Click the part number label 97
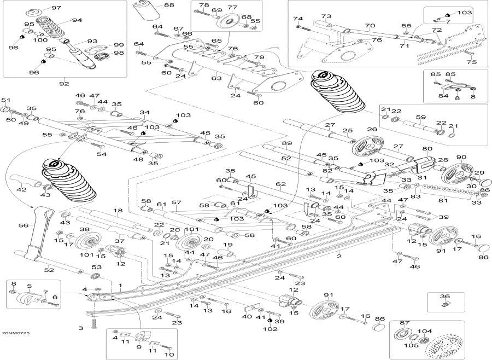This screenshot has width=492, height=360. point(56,8)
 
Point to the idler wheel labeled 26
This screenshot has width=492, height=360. point(368,146)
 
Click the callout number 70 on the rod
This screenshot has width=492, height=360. point(370,26)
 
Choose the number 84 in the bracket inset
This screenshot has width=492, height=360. point(443,96)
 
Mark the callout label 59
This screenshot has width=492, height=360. point(421,118)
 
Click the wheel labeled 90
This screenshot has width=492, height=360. point(456,175)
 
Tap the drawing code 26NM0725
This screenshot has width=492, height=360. point(15,333)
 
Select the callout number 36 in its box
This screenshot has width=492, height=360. point(445,296)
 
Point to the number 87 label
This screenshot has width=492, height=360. point(405,323)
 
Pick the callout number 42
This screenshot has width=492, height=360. point(21,190)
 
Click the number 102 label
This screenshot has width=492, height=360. point(270,329)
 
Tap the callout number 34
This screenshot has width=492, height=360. point(145,113)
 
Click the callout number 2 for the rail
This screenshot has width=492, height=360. point(339,256)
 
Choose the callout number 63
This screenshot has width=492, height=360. point(216,78)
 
